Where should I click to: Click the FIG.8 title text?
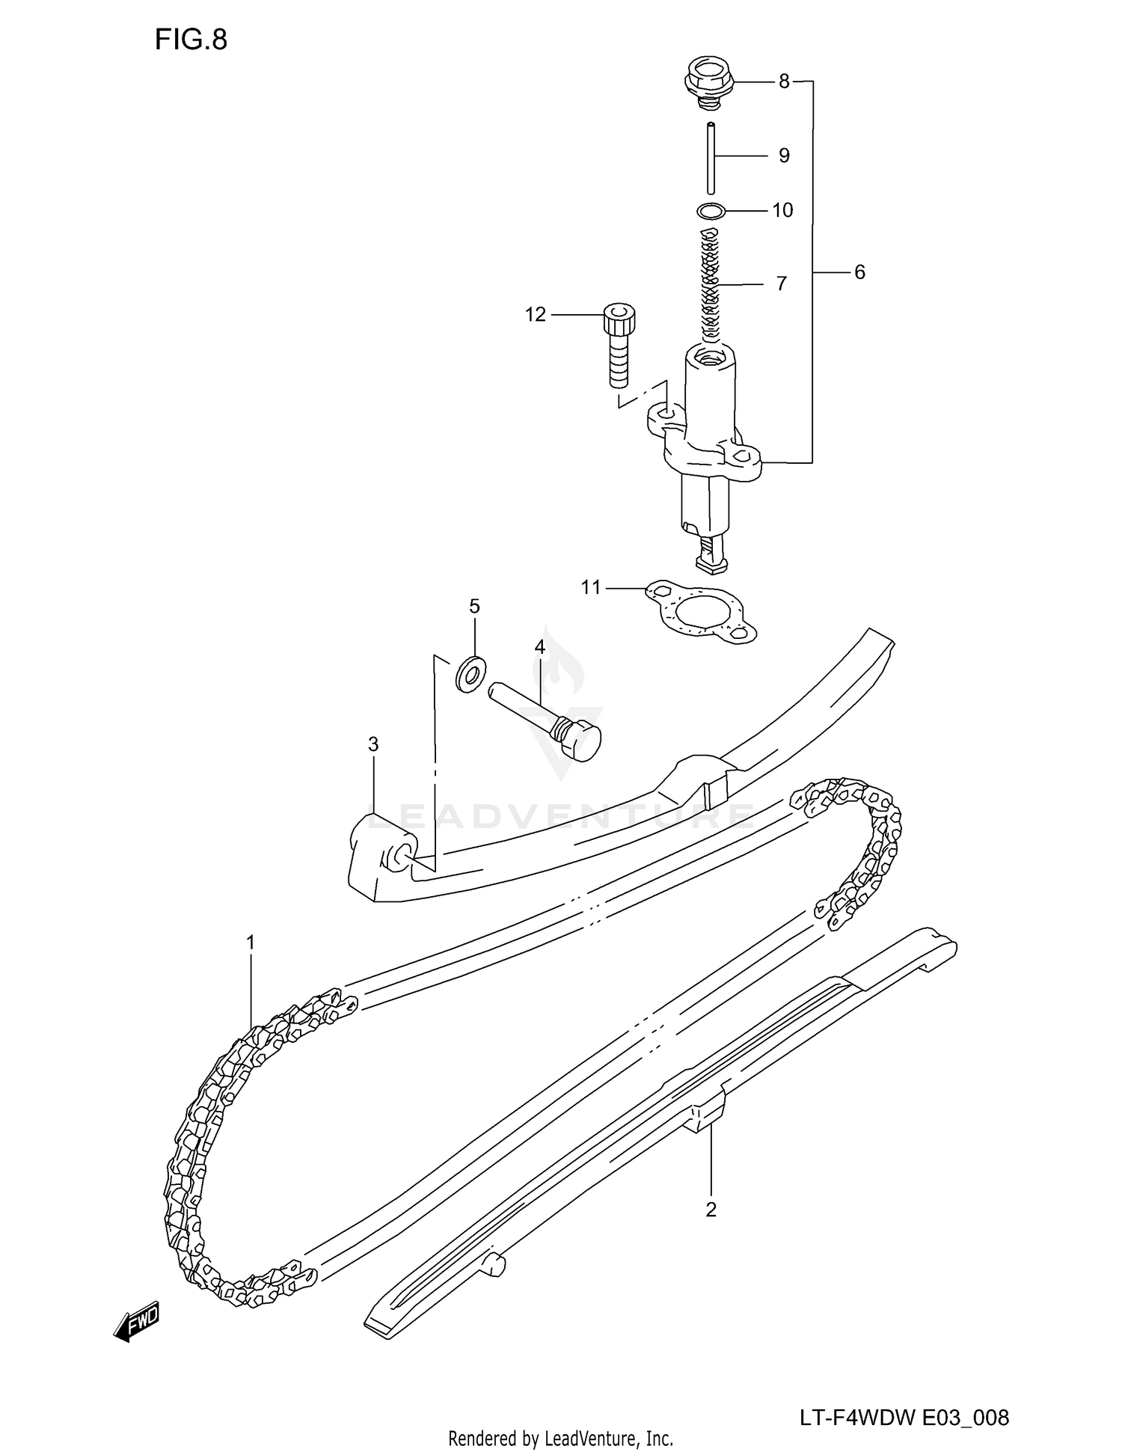[x=191, y=40]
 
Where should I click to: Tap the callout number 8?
[x=783, y=81]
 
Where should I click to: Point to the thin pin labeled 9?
[x=711, y=158]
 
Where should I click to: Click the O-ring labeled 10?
[x=711, y=211]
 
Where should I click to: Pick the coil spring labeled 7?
[x=710, y=284]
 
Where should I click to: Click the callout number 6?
[x=859, y=272]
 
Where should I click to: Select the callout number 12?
[x=536, y=315]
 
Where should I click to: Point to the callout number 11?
[x=591, y=588]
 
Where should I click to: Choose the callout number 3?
[x=373, y=744]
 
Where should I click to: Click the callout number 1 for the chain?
[x=251, y=943]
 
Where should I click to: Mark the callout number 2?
[x=711, y=1209]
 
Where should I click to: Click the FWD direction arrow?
[x=138, y=1323]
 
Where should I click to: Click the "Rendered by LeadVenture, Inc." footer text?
[x=560, y=1438]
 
